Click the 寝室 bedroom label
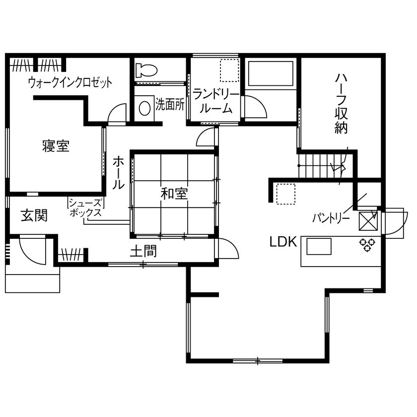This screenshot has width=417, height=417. [56, 146]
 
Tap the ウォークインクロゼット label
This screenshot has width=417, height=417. [69, 82]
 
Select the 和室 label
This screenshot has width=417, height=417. [174, 194]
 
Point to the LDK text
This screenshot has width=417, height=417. [283, 242]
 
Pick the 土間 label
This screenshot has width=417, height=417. [143, 252]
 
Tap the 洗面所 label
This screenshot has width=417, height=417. [170, 105]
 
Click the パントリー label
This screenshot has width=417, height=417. [332, 217]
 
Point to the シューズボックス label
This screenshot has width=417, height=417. [85, 208]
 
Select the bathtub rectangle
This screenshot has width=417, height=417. [271, 75]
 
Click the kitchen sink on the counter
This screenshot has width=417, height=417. [319, 246]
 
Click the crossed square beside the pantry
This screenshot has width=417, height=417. [369, 221]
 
